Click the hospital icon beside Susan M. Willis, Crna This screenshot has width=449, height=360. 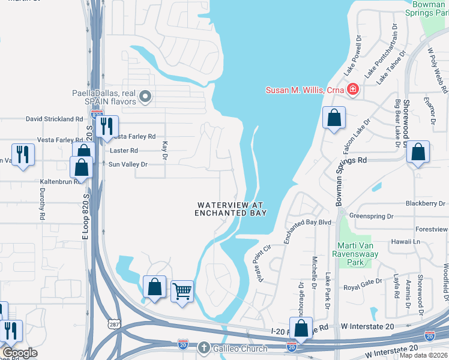pyautogui.click(x=353, y=90)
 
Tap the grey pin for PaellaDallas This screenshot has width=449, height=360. pyautogui.click(x=145, y=96)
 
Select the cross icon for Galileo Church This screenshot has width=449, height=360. pyautogui.click(x=204, y=348)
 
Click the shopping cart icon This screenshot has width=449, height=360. pyautogui.click(x=182, y=292)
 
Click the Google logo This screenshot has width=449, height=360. pyautogui.click(x=19, y=353)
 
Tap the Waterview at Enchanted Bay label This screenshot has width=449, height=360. pyautogui.click(x=231, y=209)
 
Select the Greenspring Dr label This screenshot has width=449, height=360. pyautogui.click(x=371, y=216)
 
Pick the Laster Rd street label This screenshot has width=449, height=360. pyautogui.click(x=123, y=151)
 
